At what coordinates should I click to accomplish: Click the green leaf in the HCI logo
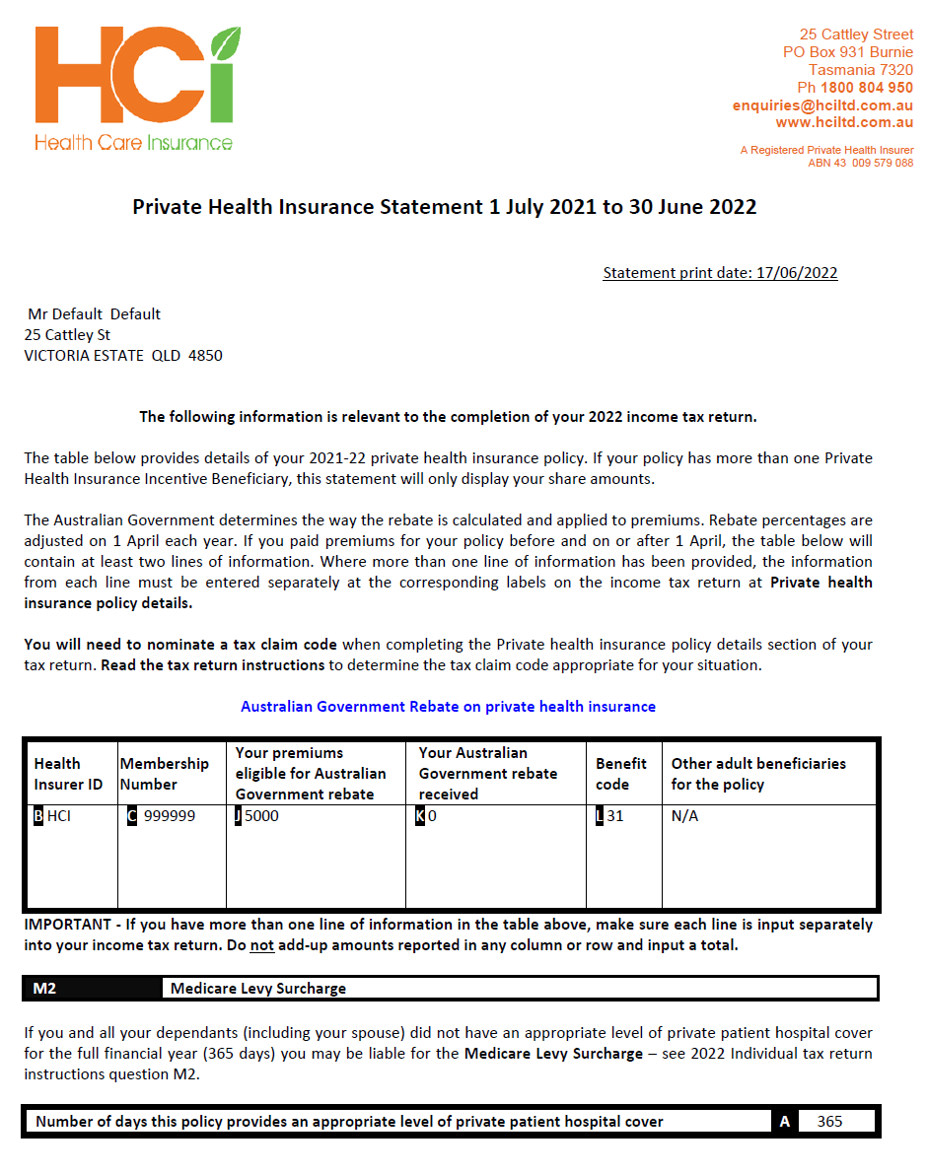pyautogui.click(x=226, y=45)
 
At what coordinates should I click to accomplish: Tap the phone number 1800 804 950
pyautogui.click(x=867, y=88)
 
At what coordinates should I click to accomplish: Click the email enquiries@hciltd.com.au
pyautogui.click(x=822, y=105)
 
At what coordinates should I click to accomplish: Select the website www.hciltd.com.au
pyautogui.click(x=844, y=122)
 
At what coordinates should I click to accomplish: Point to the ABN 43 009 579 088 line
pyautogui.click(x=860, y=163)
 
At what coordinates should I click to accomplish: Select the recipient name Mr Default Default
pyautogui.click(x=94, y=314)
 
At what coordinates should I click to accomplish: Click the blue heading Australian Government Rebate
pyautogui.click(x=448, y=707)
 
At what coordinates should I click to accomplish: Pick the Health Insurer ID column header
pyautogui.click(x=68, y=774)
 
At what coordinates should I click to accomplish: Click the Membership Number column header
pyautogui.click(x=164, y=774)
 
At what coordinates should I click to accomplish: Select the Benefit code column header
pyautogui.click(x=621, y=774)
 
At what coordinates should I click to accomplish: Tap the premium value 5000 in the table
pyautogui.click(x=261, y=816)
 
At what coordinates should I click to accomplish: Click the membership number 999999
pyautogui.click(x=169, y=816)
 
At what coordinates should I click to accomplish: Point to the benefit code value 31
pyautogui.click(x=614, y=816)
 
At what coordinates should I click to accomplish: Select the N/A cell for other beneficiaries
pyautogui.click(x=684, y=816)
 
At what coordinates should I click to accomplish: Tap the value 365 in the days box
pyautogui.click(x=829, y=1122)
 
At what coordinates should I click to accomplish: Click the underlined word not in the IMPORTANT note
pyautogui.click(x=261, y=945)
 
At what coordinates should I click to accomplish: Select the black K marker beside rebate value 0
pyautogui.click(x=420, y=816)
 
